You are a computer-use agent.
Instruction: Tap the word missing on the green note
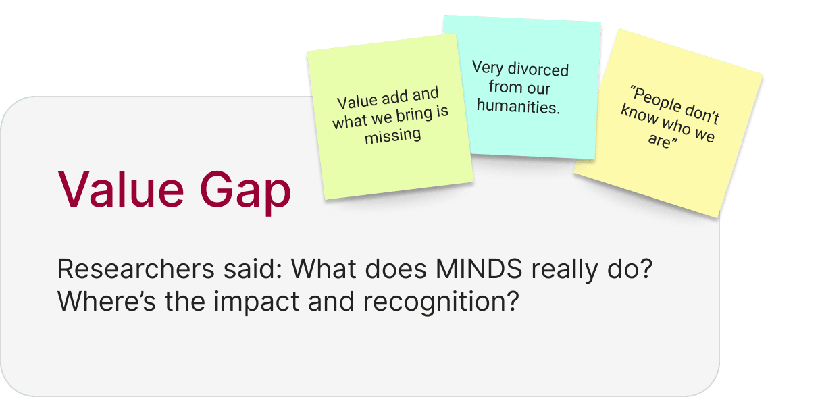pyautogui.click(x=392, y=136)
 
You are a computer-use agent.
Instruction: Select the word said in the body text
pyautogui.click(x=246, y=271)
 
